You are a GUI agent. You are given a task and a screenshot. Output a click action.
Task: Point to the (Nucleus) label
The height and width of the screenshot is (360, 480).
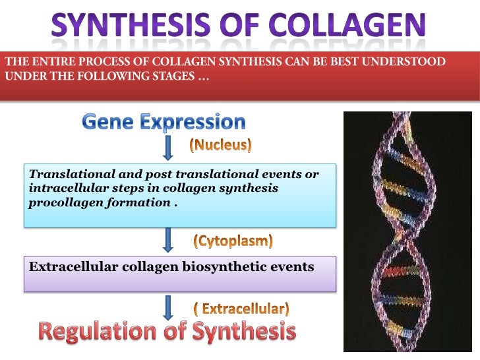click(220, 145)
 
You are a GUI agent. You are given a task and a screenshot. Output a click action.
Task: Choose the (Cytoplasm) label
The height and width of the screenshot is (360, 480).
click(232, 241)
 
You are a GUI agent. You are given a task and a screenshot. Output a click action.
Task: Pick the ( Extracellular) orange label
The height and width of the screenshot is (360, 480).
click(241, 308)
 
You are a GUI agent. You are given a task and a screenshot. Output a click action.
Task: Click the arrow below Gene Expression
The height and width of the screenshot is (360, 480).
click(169, 148)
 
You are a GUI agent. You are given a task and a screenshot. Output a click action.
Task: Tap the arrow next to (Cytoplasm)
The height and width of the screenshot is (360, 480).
click(169, 239)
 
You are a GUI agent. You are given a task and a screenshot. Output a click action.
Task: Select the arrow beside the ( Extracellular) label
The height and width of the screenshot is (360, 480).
click(169, 307)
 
